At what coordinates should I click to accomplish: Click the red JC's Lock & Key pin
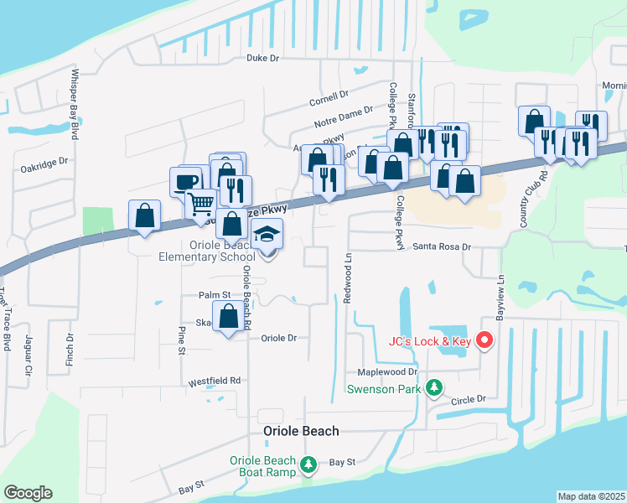484,340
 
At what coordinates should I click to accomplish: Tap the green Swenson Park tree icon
433,387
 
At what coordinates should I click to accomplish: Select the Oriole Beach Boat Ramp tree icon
308,464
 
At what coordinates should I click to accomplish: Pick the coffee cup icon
185,181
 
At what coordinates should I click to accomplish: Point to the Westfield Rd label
214,381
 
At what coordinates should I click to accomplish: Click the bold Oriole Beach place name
301,431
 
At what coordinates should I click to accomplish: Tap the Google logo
28,493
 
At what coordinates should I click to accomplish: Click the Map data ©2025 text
591,496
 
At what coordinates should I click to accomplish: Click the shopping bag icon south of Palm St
229,317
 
